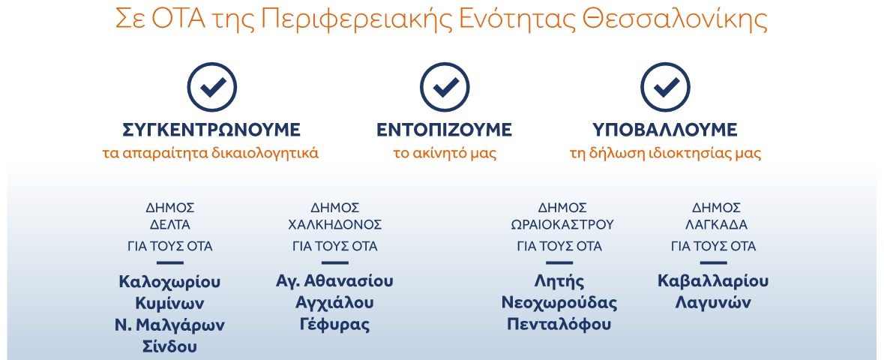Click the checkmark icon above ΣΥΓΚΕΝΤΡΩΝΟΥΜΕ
pyautogui.click(x=212, y=87)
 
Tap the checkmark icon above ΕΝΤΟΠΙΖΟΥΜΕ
pyautogui.click(x=445, y=87)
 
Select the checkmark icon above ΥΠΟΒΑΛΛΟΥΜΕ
pyautogui.click(x=665, y=87)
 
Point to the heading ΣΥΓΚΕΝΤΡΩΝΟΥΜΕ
pyautogui.click(x=211, y=130)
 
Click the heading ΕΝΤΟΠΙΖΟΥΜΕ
pyautogui.click(x=445, y=130)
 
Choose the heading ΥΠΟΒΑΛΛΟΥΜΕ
pyautogui.click(x=665, y=130)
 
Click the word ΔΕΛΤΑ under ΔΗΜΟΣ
pyautogui.click(x=170, y=224)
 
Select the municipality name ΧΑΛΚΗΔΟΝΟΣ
pyautogui.click(x=335, y=224)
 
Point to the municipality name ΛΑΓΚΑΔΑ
pyautogui.click(x=716, y=224)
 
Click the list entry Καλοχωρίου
pyautogui.click(x=169, y=281)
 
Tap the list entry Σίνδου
pyautogui.click(x=169, y=346)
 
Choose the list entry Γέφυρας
pyautogui.click(x=335, y=325)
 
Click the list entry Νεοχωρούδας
pyautogui.click(x=559, y=304)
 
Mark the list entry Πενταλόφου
pyautogui.click(x=559, y=325)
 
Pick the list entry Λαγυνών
pyautogui.click(x=713, y=304)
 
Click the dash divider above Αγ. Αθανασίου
pyautogui.click(x=335, y=262)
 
